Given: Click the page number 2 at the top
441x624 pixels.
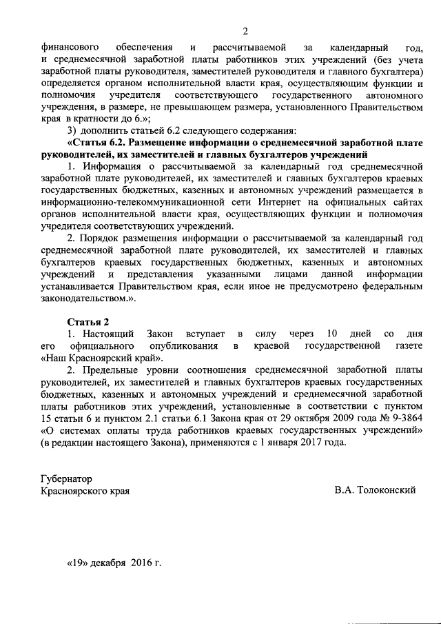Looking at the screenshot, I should (x=245, y=31).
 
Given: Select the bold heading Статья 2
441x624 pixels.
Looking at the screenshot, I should (x=88, y=322).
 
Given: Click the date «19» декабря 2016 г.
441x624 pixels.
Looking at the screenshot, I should (x=114, y=563).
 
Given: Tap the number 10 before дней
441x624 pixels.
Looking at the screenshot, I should (x=332, y=334).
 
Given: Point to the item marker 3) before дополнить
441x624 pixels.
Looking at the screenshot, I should (x=72, y=130).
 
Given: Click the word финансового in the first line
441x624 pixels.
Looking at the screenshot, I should (x=71, y=47).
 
